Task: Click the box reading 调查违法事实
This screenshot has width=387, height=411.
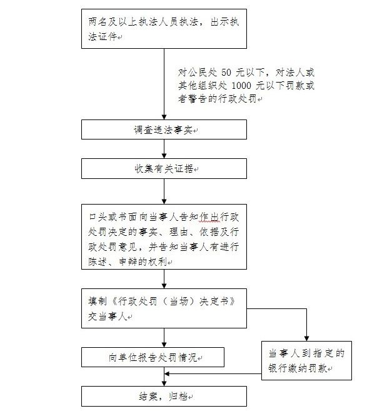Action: pyautogui.click(x=164, y=129)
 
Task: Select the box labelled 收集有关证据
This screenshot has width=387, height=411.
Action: pyautogui.click(x=164, y=169)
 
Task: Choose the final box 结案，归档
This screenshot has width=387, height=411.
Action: pyautogui.click(x=164, y=396)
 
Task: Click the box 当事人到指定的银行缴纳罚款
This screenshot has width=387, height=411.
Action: pyautogui.click(x=307, y=361)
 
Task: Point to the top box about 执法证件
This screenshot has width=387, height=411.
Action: pyautogui.click(x=164, y=29)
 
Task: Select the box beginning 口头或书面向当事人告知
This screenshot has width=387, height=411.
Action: pyautogui.click(x=164, y=236)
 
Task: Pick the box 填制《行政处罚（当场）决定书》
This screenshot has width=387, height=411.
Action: pyautogui.click(x=164, y=308)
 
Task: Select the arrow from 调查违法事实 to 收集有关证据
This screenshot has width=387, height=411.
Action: pyautogui.click(x=164, y=149)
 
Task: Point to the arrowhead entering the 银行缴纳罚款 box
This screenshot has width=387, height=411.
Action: pyautogui.click(x=307, y=338)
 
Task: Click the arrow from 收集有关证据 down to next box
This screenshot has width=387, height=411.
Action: pyautogui.click(x=164, y=191)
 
